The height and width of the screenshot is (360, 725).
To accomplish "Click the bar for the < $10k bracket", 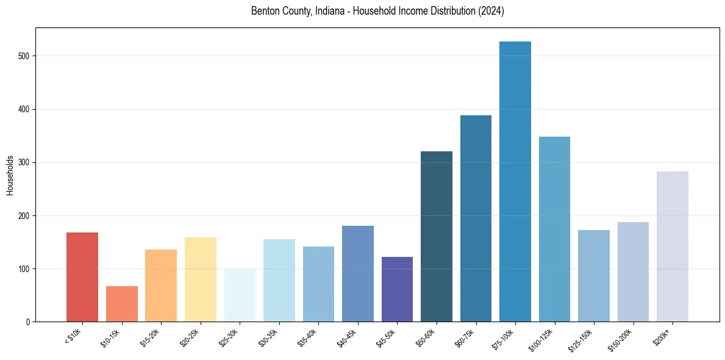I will click(82, 277).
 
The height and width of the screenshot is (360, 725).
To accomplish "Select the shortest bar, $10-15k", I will click(122, 304).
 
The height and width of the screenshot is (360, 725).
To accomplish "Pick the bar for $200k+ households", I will click(673, 247).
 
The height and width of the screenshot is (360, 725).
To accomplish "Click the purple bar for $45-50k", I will click(397, 289).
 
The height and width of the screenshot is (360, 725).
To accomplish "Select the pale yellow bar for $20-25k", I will click(201, 279).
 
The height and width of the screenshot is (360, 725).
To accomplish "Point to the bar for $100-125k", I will click(554, 229).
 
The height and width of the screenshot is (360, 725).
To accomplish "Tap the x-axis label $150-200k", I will click(621, 340).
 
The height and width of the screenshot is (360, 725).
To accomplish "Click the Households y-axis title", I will click(10, 175).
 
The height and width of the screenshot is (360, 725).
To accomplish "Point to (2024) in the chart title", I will click(491, 12).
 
